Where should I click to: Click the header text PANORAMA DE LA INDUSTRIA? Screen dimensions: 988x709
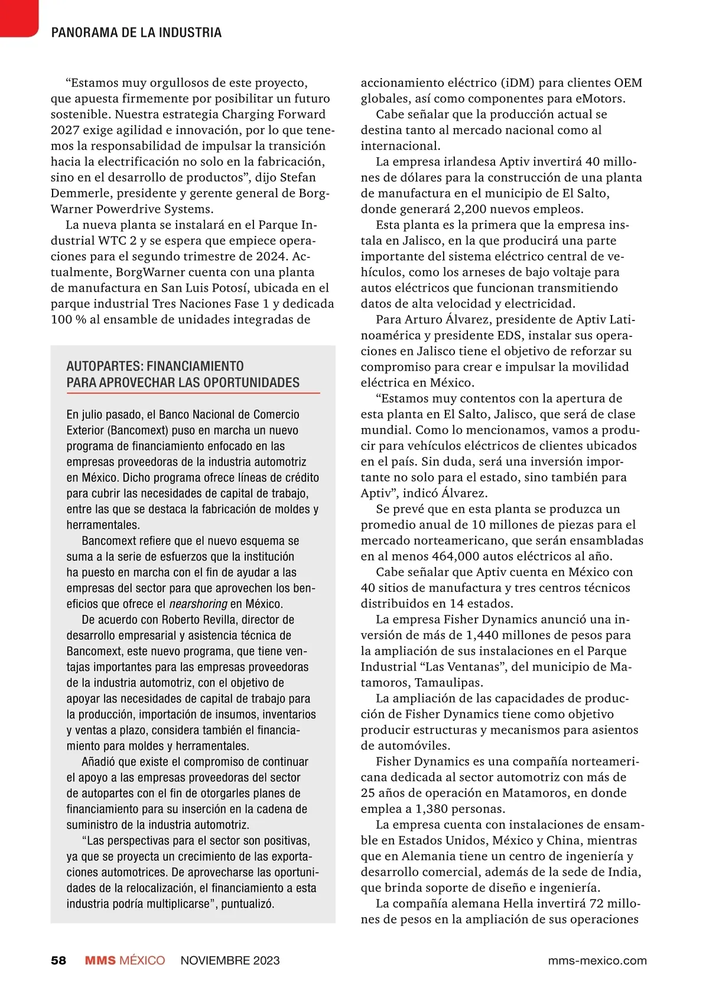point(136,33)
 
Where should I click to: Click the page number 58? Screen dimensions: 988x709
point(58,960)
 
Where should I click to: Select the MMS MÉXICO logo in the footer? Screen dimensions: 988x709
point(125,960)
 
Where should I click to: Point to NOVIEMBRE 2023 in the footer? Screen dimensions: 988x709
point(230,960)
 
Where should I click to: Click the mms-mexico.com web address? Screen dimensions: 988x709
point(597,960)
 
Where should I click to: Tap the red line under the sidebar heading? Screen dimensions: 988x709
point(193,393)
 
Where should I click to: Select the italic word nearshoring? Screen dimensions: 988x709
point(198,604)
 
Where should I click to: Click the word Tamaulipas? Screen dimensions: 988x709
point(448,682)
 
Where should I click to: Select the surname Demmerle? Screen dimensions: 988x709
point(75,193)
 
